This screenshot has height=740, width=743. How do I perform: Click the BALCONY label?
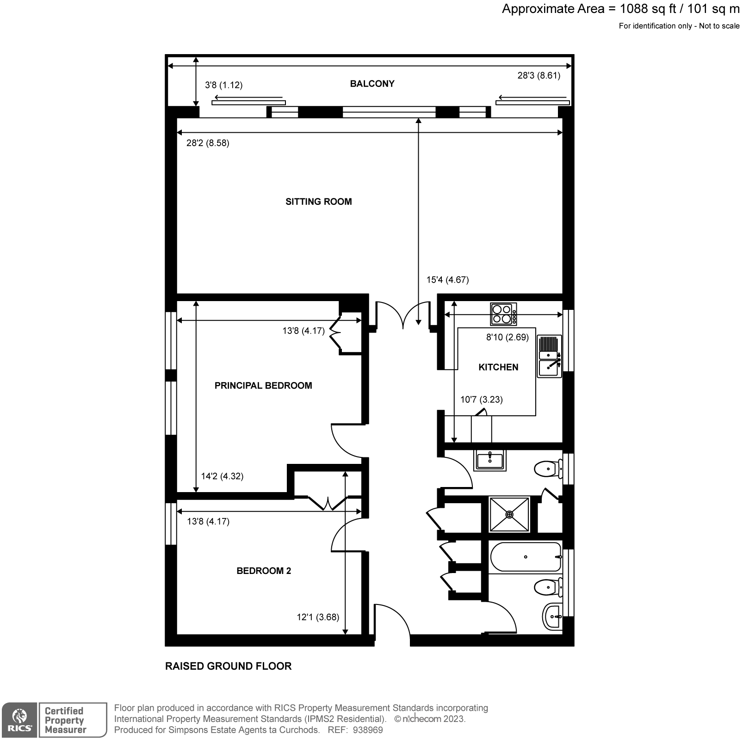(x=372, y=84)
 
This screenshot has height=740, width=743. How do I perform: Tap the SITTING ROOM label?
(x=318, y=202)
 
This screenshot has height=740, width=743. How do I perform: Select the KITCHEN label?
(x=498, y=367)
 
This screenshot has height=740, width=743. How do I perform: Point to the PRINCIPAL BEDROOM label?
(x=263, y=386)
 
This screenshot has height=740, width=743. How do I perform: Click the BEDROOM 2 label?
(x=264, y=571)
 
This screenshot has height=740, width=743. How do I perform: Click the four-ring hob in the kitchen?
(x=503, y=314)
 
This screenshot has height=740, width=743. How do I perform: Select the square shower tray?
(x=509, y=514)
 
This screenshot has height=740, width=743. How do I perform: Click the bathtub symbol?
(x=526, y=557)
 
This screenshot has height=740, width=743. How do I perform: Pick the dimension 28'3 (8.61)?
(x=539, y=76)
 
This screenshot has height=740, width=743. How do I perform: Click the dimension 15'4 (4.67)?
(x=447, y=280)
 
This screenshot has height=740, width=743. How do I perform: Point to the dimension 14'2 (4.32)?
(x=222, y=476)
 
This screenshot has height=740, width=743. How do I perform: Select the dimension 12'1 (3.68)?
(x=318, y=617)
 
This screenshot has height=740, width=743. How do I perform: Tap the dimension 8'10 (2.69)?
(x=507, y=338)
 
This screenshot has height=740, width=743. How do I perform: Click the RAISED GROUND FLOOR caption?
(x=229, y=666)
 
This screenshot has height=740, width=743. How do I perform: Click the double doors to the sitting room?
(x=403, y=314)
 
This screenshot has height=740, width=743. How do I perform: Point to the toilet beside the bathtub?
(x=546, y=588)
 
